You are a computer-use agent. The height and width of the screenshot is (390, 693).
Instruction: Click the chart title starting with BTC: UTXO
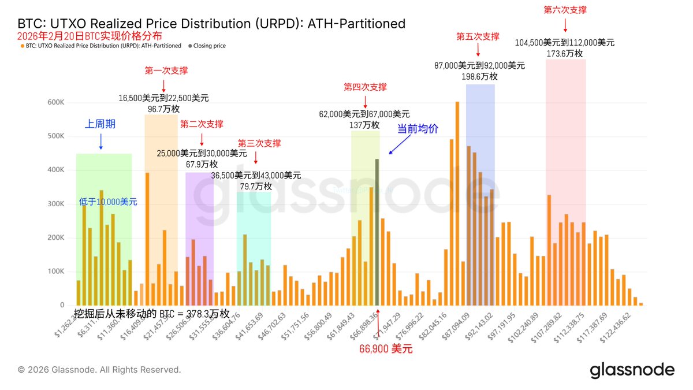coord(211,24)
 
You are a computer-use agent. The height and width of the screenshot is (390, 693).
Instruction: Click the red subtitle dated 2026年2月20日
coord(90,36)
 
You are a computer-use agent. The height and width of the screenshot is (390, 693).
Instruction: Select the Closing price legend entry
coord(207,46)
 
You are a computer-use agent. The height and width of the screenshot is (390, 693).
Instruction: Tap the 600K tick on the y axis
coord(56,102)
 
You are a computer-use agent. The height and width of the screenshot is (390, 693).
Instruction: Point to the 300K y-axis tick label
coord(56,204)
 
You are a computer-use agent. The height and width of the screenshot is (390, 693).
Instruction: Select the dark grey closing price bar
coord(377,232)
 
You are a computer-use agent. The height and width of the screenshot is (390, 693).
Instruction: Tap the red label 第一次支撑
coord(166,70)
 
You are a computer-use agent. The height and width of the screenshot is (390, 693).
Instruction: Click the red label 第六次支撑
coord(565,10)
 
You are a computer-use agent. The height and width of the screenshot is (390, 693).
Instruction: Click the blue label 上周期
coord(100,124)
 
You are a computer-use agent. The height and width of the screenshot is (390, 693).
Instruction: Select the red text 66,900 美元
coord(386,349)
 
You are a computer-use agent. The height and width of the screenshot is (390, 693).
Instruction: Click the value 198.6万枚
coord(479,76)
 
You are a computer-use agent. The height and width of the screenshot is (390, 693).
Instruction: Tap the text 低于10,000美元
coord(108,202)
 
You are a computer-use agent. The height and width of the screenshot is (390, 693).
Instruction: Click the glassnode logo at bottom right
coord(632,370)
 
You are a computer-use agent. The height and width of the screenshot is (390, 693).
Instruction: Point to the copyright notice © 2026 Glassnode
coord(99,369)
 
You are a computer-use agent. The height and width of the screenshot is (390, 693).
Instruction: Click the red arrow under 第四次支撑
coord(365,100)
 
